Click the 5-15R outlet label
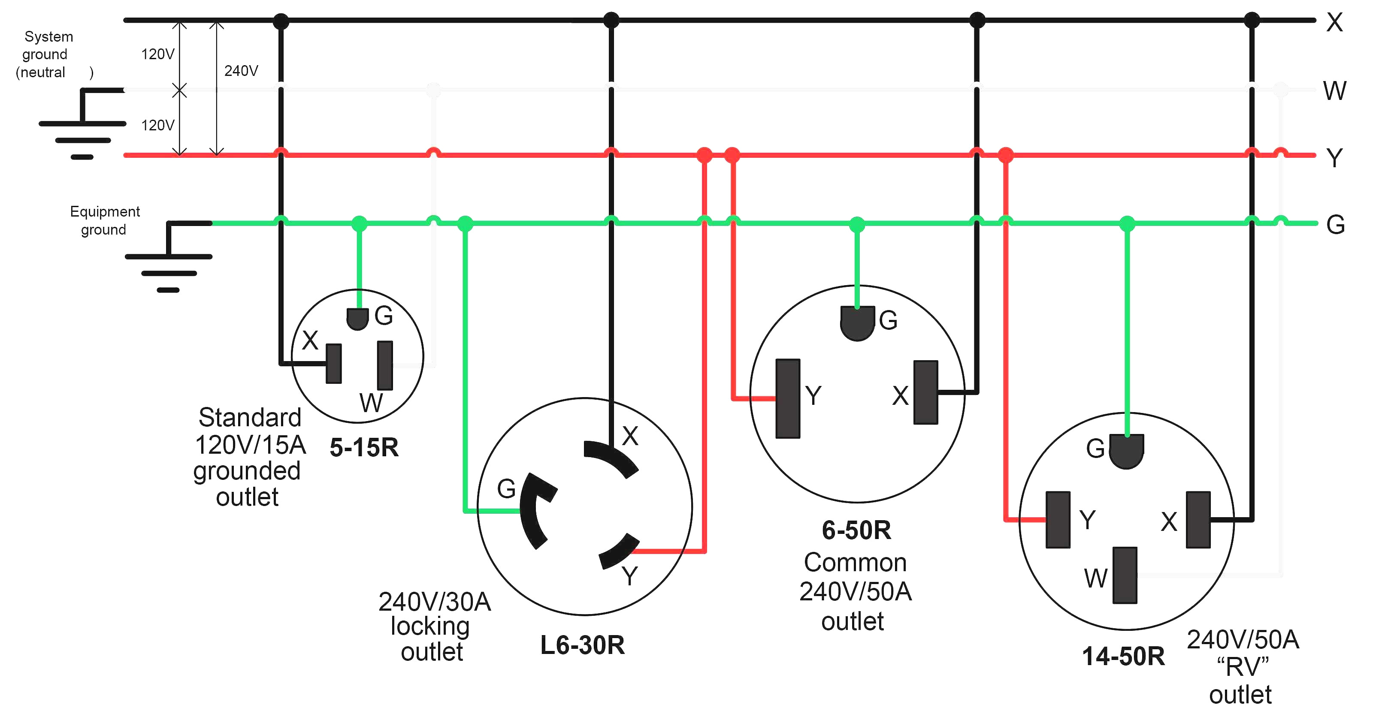pyautogui.click(x=364, y=448)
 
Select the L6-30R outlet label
pyautogui.click(x=583, y=645)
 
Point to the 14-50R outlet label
pyautogui.click(x=1123, y=657)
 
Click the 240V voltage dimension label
pyautogui.click(x=241, y=71)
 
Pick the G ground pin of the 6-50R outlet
pyautogui.click(x=857, y=322)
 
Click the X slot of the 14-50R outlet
pyautogui.click(x=1198, y=519)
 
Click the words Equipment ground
pyautogui.click(x=105, y=220)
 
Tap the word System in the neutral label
pyautogui.click(x=48, y=36)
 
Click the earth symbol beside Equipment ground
pyautogui.click(x=169, y=256)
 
